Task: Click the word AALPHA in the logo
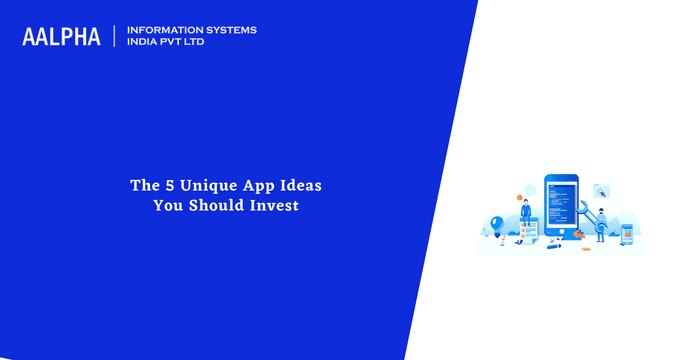pyautogui.click(x=61, y=36)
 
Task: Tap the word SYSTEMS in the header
pyautogui.click(x=232, y=30)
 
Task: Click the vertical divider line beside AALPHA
pyautogui.click(x=115, y=36)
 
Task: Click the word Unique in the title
pyautogui.click(x=198, y=185)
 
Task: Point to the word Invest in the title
pyautogui.click(x=272, y=205)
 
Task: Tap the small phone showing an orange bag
pyautogui.click(x=627, y=233)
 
